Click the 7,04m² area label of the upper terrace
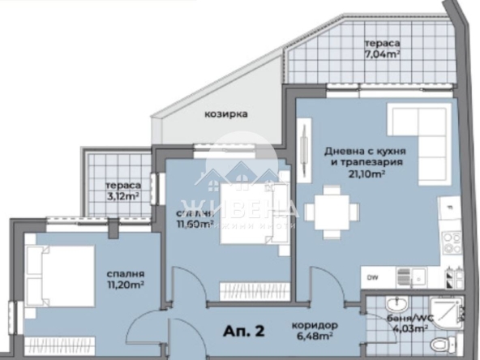tap(384, 56)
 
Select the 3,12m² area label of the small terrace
tap(118, 195)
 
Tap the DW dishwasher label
tap(371, 277)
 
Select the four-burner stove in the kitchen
tap(450, 241)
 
